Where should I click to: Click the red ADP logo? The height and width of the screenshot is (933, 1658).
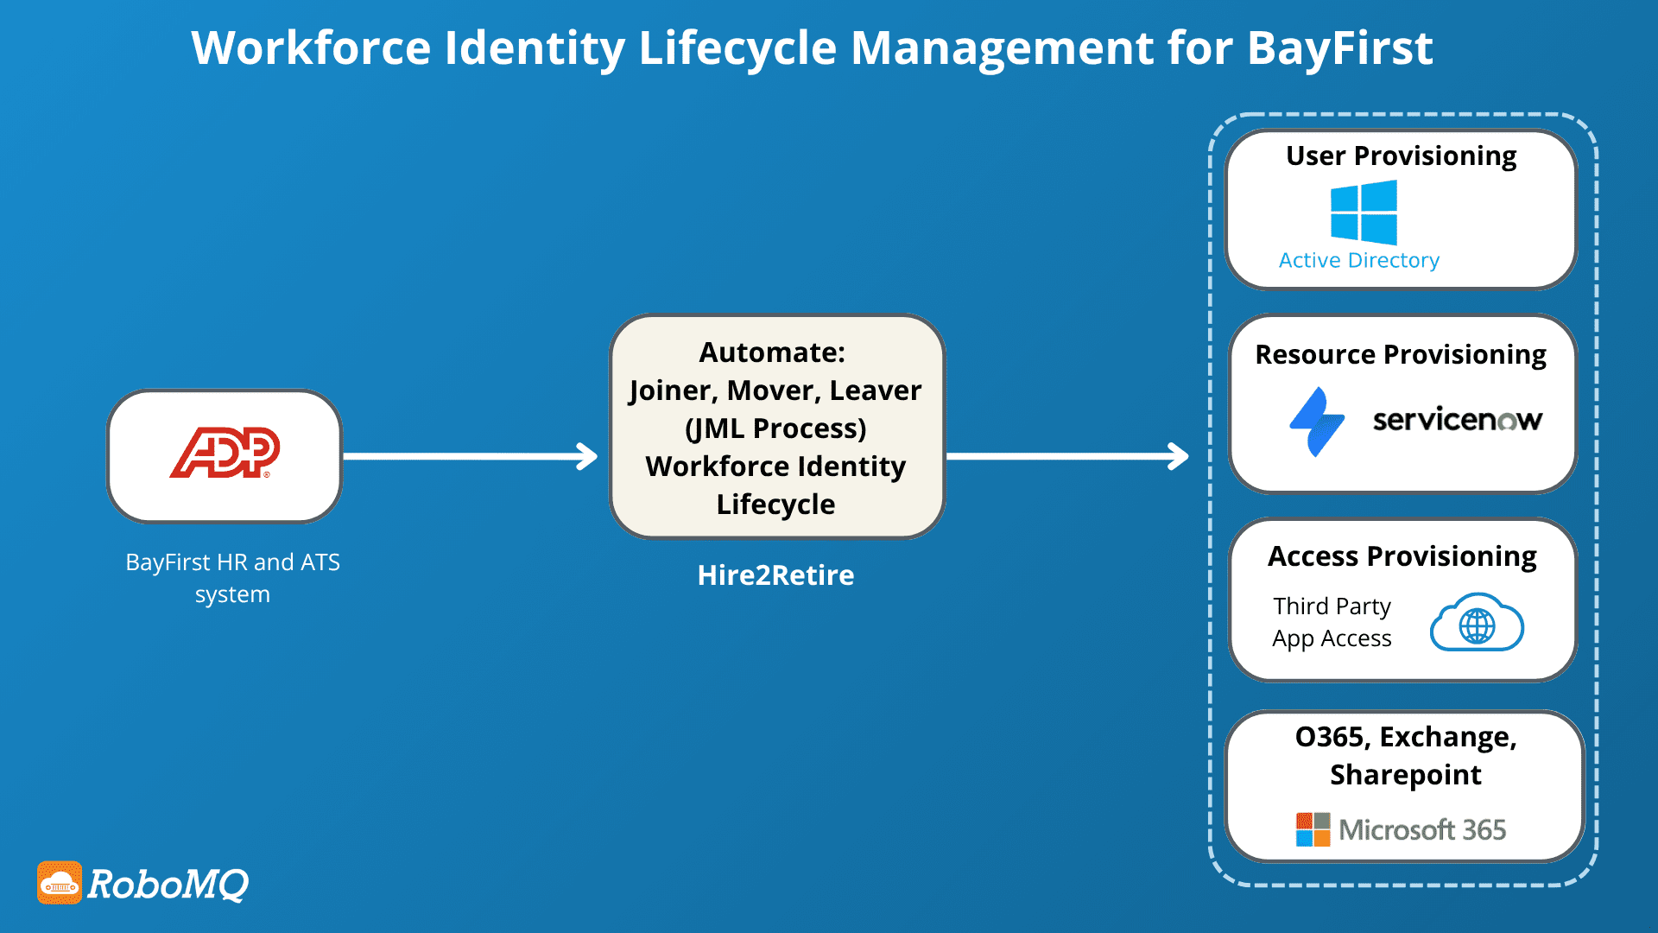pos(225,453)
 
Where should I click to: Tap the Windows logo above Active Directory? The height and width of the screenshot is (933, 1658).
pos(1364,213)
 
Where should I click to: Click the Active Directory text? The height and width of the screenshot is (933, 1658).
pos(1358,260)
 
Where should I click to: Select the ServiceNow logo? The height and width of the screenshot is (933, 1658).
pos(1457,420)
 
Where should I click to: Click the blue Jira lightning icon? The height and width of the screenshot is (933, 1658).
pos(1317,422)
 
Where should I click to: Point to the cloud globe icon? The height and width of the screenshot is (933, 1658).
pos(1477,624)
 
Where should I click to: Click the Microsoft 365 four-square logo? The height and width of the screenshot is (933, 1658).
pos(1313,829)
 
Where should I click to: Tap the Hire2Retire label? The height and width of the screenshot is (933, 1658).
pos(775,575)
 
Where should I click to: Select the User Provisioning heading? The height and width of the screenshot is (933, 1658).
pos(1401,156)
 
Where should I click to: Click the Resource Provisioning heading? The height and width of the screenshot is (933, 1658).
pos(1401,355)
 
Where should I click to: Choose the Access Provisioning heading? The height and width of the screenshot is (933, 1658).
pos(1402,556)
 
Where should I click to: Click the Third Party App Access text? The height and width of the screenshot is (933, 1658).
pos(1332,622)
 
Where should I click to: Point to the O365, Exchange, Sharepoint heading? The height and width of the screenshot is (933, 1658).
pos(1406,755)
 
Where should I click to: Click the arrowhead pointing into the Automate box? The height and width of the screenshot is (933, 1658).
pos(588,456)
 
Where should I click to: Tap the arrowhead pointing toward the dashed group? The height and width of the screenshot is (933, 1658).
pos(1179,456)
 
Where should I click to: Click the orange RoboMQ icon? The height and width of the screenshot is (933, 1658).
pos(60,883)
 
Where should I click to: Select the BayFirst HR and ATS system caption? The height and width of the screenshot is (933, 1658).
pos(232,578)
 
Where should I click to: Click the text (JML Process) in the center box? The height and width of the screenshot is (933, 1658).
pos(775,428)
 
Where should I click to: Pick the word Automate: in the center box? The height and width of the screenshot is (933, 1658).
pos(772,352)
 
